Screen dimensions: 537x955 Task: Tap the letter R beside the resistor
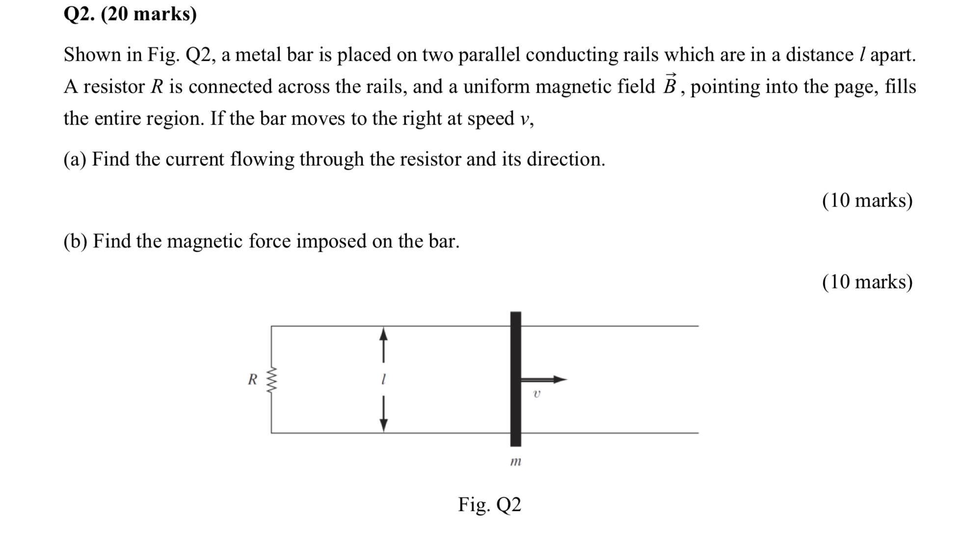pyautogui.click(x=252, y=379)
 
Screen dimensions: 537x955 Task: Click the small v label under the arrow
pyautogui.click(x=536, y=394)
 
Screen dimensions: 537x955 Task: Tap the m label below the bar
pyautogui.click(x=515, y=461)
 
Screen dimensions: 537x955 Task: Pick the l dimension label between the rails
pyautogui.click(x=383, y=379)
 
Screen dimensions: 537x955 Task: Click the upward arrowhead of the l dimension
pyautogui.click(x=384, y=334)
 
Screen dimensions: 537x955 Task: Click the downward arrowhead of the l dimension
pyautogui.click(x=384, y=425)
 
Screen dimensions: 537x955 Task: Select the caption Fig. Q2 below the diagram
pyautogui.click(x=489, y=504)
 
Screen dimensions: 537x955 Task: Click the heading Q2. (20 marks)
pyautogui.click(x=130, y=14)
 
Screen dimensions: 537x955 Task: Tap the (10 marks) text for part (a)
pyautogui.click(x=867, y=200)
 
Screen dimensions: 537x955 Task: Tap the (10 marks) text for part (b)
pyautogui.click(x=867, y=282)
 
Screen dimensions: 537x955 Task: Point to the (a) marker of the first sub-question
pyautogui.click(x=75, y=160)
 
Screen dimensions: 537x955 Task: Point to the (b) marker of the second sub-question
pyautogui.click(x=75, y=241)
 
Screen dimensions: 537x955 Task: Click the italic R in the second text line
pyautogui.click(x=157, y=87)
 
